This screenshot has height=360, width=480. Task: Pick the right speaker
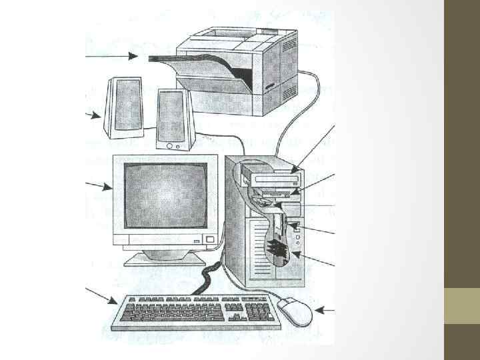pos(174,119)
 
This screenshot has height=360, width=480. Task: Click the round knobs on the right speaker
pos(173,145)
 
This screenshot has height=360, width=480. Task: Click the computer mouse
pos(294,309)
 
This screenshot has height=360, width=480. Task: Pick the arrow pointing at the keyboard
pos(100,296)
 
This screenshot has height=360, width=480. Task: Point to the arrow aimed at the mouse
pos(325,309)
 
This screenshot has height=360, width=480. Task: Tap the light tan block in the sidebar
pos(461,306)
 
